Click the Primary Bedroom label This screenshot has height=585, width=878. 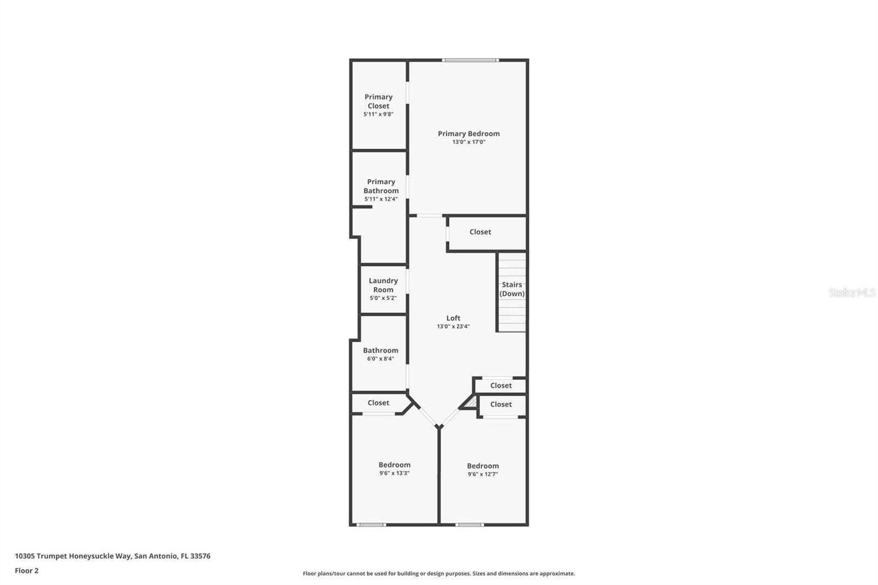pos(469,133)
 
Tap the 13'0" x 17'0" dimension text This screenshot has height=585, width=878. pos(469,142)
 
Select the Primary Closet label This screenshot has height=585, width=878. pos(378,101)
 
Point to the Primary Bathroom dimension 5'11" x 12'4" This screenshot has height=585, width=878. pos(381,199)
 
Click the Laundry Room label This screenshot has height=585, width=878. pos(383,285)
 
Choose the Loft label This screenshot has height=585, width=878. pos(453,318)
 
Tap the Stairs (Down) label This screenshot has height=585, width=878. pos(512,289)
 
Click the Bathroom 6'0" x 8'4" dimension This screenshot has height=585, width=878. pos(380,359)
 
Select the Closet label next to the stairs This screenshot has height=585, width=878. pos(480,232)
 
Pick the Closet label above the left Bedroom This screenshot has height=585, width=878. pos(378,403)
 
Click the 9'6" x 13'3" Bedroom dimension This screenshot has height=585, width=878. pos(394,473)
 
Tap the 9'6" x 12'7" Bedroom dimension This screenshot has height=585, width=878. pos(482,474)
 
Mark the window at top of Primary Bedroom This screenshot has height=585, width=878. pos(471,60)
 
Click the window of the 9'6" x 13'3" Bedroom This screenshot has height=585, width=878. pos(371,525)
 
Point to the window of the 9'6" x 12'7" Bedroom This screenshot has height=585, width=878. pos(470,525)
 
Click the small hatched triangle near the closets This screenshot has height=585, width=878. pos(470,403)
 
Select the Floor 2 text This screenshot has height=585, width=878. pos(26,571)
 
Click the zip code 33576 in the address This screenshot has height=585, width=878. pos(200,556)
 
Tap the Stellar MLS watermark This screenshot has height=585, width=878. pos(852,292)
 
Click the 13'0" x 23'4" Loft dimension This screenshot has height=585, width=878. pos(453,327)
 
